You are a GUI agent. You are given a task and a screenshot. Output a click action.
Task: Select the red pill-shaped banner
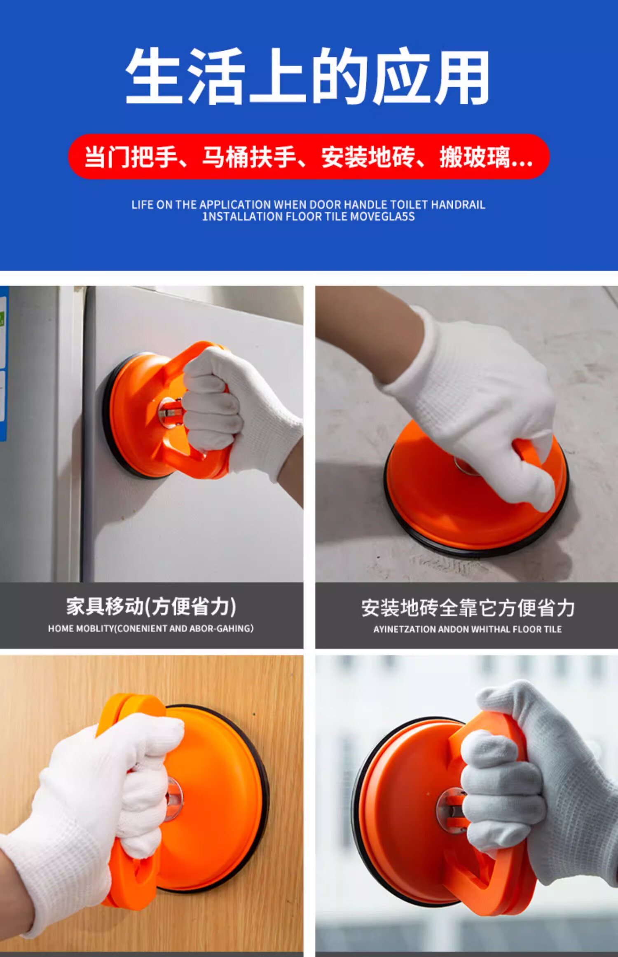(x=309, y=157)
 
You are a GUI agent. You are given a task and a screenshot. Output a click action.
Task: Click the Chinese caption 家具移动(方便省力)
(x=151, y=607)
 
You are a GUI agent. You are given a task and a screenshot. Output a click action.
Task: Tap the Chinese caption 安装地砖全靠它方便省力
(x=468, y=608)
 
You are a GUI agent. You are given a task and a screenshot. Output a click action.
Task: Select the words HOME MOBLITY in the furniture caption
(x=81, y=629)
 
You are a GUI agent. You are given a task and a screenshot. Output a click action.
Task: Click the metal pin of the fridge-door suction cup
(x=170, y=413)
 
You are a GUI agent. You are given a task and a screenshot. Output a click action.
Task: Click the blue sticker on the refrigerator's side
(x=3, y=363)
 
